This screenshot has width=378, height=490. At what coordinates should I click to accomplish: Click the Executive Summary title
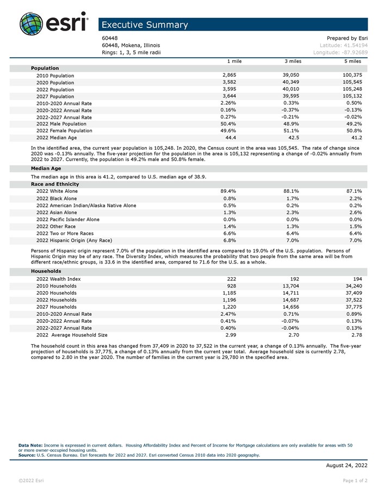tap(145, 25)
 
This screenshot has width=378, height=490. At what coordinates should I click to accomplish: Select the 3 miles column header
tap(293, 62)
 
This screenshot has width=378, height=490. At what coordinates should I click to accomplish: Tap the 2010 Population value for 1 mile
tap(229, 75)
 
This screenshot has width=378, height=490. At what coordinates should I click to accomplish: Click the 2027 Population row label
tap(55, 96)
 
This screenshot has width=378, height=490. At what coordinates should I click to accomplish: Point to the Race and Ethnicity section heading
tap(55, 184)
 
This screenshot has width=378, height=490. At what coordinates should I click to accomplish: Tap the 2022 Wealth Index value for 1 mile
tap(231, 279)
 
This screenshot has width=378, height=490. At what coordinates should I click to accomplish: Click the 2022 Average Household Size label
tap(72, 335)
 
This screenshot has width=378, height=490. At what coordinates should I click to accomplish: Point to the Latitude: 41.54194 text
tap(343, 45)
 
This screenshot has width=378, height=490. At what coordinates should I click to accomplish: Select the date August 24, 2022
tap(346, 465)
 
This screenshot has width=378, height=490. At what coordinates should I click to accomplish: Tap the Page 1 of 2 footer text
tap(355, 481)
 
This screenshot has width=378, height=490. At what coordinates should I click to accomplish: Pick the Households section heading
tap(46, 271)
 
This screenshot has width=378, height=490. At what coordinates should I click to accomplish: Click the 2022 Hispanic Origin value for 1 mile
tap(229, 240)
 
